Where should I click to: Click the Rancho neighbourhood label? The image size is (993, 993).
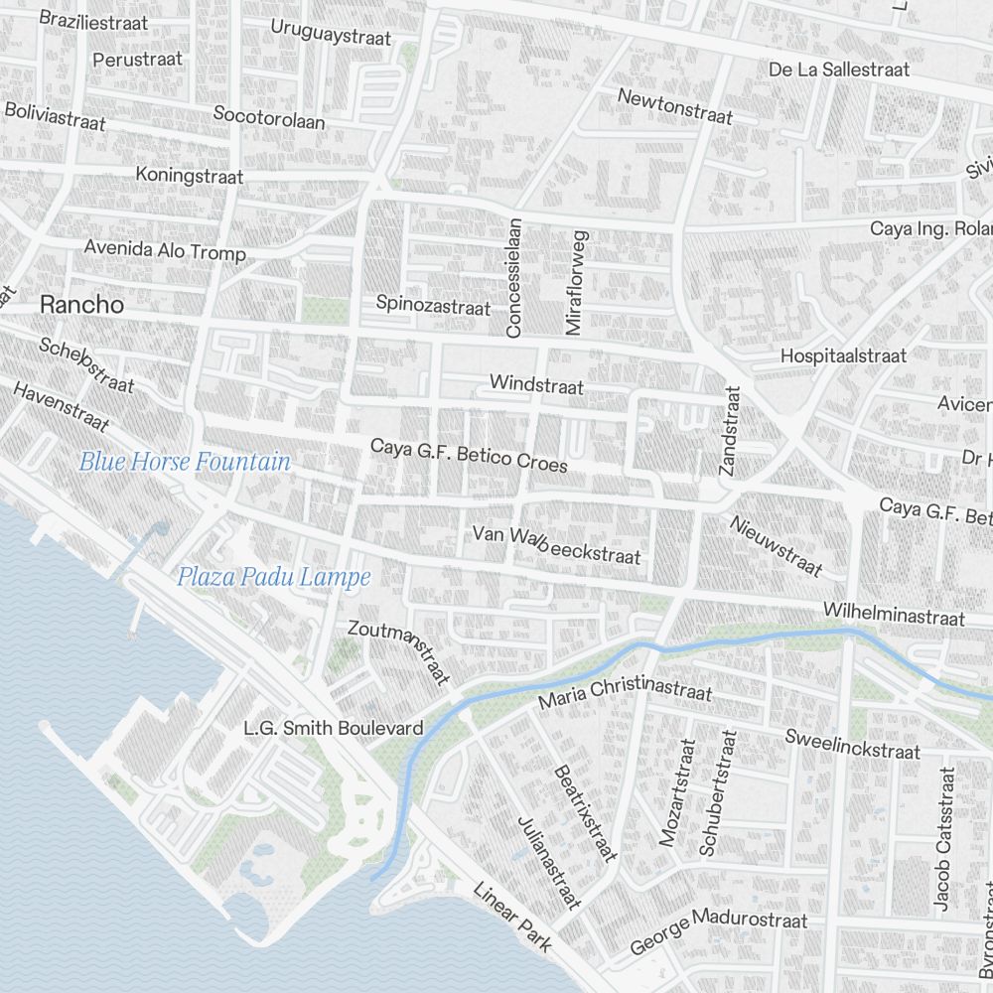82,305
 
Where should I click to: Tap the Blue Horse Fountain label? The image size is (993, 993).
185,462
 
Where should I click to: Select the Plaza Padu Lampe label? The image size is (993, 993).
273,577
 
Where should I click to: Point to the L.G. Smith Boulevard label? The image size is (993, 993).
334,728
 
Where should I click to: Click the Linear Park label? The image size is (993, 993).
511,918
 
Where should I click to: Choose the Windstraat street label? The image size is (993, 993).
536,384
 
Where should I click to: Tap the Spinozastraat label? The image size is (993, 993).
433,304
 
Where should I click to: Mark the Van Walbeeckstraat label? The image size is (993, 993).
556,545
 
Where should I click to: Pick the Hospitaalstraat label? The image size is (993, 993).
843,355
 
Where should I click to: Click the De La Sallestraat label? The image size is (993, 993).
839,70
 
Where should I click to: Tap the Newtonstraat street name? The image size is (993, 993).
675,107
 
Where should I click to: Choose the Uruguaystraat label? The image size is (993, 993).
331,32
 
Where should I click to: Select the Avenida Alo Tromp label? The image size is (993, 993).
165,250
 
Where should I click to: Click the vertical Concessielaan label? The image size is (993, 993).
513,278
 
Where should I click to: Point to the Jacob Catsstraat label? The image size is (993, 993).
943,839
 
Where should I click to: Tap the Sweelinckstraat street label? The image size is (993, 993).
852,744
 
